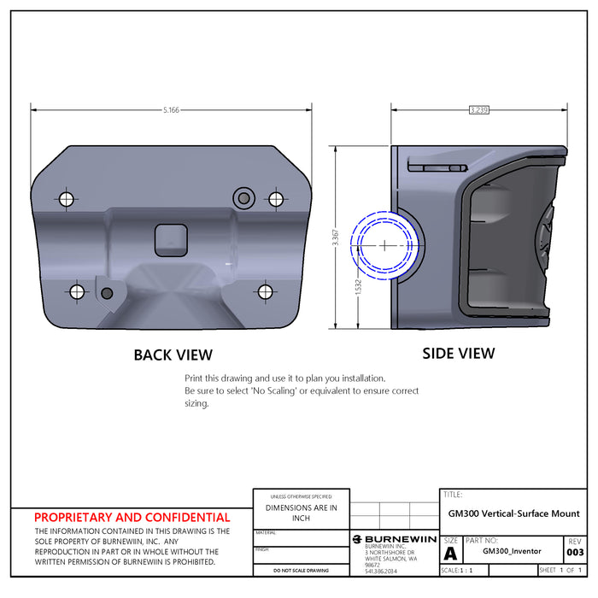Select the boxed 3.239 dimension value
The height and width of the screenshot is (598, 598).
(479, 110)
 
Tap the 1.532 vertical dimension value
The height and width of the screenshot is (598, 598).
(359, 288)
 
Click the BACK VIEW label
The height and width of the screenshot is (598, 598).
(173, 355)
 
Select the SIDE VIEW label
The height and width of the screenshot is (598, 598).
(459, 353)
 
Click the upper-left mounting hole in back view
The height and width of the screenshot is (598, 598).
(67, 199)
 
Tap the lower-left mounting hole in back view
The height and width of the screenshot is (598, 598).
(78, 292)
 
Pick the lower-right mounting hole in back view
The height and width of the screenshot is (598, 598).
(265, 292)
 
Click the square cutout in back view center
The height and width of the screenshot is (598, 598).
(171, 241)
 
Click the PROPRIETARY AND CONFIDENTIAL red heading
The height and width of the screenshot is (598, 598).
(132, 517)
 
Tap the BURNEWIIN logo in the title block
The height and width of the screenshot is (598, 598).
(395, 539)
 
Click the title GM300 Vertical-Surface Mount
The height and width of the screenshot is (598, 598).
(513, 513)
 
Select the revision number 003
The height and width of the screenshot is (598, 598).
(575, 553)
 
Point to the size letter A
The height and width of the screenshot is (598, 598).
(450, 553)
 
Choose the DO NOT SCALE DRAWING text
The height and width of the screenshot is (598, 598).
(301, 570)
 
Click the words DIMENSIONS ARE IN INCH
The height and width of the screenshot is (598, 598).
(302, 513)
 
